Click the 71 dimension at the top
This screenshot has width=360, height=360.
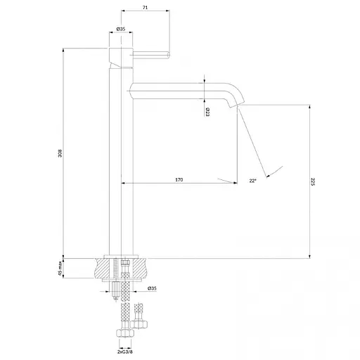pyautogui.click(x=145, y=8)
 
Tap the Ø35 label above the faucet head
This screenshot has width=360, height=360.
pyautogui.click(x=121, y=29)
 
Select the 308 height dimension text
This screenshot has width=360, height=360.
pyautogui.click(x=60, y=153)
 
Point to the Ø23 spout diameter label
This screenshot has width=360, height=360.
pyautogui.click(x=207, y=112)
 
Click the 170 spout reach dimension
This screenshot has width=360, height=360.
pyautogui.click(x=179, y=180)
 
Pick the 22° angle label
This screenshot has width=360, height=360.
pyautogui.click(x=252, y=181)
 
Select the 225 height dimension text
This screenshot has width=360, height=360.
pyautogui.click(x=313, y=181)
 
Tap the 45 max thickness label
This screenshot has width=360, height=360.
pyautogui.click(x=60, y=268)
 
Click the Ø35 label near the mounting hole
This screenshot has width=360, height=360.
pyautogui.click(x=152, y=288)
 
